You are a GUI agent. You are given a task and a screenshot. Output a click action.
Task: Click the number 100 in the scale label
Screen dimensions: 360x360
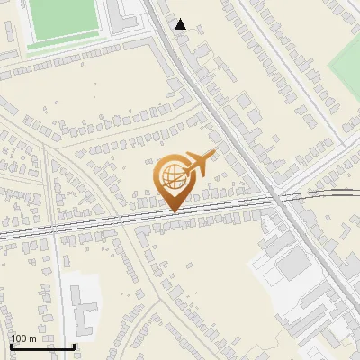21,338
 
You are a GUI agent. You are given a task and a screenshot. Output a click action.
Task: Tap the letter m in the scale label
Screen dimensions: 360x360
32,338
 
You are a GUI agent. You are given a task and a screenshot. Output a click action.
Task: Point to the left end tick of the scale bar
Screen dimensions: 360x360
11,346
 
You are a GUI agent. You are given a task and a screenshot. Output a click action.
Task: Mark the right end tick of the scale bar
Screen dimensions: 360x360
74,346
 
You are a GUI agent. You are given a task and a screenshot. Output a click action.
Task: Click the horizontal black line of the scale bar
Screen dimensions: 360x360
42,346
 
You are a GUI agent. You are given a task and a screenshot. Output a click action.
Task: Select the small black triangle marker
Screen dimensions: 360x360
181,24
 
